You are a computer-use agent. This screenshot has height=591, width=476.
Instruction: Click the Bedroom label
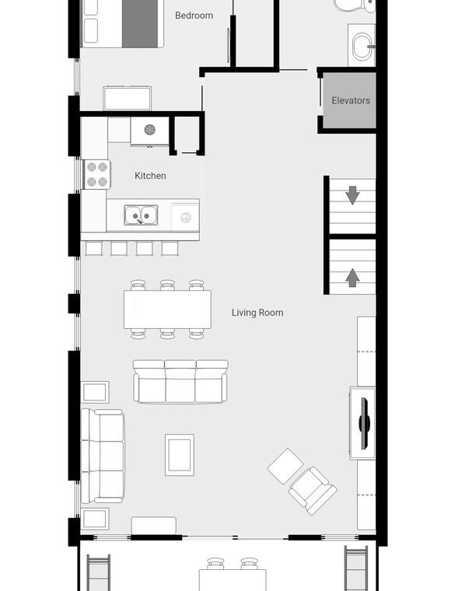(194, 16)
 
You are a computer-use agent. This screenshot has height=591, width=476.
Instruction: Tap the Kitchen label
(150, 176)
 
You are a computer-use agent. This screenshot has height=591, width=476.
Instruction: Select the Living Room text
(257, 313)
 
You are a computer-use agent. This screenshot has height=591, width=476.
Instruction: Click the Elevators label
(351, 100)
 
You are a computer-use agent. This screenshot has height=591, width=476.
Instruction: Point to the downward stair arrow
(352, 195)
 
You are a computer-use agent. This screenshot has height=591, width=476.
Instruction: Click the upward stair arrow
(352, 278)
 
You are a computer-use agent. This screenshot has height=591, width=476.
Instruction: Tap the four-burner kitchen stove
(97, 174)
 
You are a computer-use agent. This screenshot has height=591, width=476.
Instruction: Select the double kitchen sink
(141, 215)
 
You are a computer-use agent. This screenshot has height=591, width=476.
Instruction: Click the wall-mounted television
(364, 423)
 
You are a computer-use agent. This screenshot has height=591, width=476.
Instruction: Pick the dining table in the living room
(167, 309)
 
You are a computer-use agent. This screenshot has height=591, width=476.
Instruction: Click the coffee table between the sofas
(180, 455)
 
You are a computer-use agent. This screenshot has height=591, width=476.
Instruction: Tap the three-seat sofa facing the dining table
(180, 382)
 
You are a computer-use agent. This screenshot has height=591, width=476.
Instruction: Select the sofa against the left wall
(103, 456)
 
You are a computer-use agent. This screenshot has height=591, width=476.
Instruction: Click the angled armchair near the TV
(313, 491)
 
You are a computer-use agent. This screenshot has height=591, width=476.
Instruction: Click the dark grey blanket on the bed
(140, 24)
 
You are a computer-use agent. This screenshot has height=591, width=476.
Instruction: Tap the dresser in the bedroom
(128, 99)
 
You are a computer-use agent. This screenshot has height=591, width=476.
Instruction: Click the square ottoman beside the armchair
(285, 467)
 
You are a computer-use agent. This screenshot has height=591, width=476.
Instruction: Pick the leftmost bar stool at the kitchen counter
(93, 248)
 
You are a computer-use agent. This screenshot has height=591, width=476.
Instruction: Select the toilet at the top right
(355, 6)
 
